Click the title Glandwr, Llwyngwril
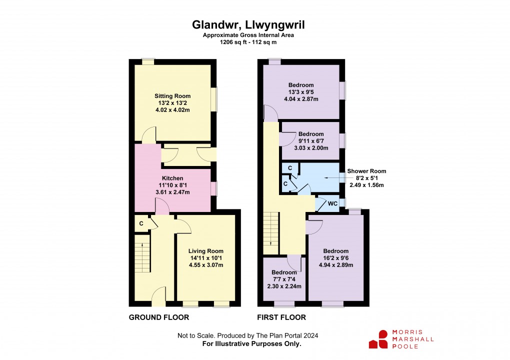[x=248, y=24]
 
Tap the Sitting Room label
[x=172, y=96]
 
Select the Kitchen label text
[x=172, y=178]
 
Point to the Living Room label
[x=206, y=251]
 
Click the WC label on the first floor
[x=332, y=203]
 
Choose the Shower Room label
[x=366, y=171]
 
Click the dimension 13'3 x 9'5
[x=301, y=92]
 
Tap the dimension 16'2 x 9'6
[x=335, y=258]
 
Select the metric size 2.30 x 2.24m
[x=284, y=286]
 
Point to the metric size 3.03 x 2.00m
[x=311, y=148]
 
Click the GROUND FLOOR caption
[x=158, y=317]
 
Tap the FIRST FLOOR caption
[x=281, y=317]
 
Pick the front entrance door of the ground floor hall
[x=158, y=296]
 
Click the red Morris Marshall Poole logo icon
[x=378, y=339]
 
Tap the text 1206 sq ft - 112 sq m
[x=248, y=42]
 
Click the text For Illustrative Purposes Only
[x=251, y=343]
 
